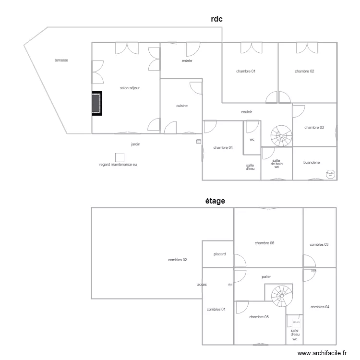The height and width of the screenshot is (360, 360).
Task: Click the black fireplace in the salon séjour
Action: [x=97, y=103]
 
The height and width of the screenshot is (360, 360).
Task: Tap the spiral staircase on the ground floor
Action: [x=281, y=136]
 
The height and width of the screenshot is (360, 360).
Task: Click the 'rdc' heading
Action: [x=217, y=19]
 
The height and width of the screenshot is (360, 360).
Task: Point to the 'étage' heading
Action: [x=215, y=201]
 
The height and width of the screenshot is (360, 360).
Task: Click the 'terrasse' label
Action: [x=61, y=60]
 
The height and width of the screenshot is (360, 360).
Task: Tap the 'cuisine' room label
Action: [x=182, y=106]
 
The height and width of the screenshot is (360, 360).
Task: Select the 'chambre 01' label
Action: [x=246, y=71]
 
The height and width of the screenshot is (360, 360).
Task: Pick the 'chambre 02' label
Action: [x=304, y=71]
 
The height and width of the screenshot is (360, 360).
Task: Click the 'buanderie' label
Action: [x=312, y=163]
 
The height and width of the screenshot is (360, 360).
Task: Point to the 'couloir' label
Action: [x=247, y=112]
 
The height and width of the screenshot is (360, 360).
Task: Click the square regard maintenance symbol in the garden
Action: [x=120, y=157]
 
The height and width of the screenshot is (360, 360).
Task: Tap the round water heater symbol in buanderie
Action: [x=330, y=175]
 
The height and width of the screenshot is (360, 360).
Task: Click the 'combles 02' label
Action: [x=178, y=260]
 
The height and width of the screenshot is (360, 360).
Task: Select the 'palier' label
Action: [x=266, y=277]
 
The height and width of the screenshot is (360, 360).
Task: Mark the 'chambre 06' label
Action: [x=264, y=243]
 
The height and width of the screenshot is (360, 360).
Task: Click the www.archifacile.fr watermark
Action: [x=323, y=353]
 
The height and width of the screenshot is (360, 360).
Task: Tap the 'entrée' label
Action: [x=187, y=61]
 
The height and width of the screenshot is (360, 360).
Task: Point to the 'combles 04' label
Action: [x=320, y=307]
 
